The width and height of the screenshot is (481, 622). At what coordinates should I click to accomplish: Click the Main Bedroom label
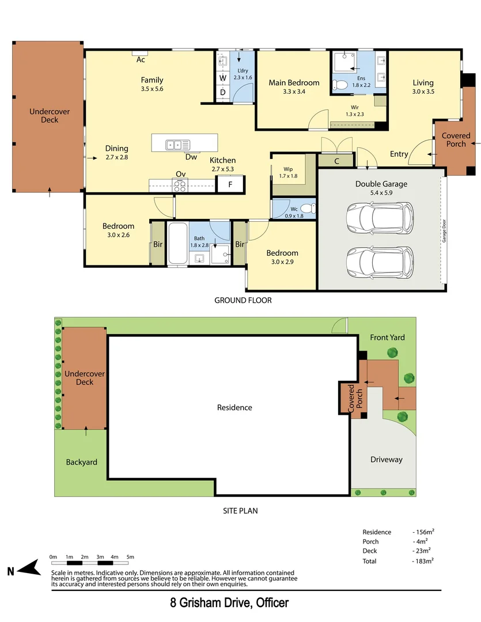tap(294, 82)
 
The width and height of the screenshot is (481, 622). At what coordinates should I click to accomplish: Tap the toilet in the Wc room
tap(308, 208)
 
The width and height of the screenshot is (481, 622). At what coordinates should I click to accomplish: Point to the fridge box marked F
tap(230, 185)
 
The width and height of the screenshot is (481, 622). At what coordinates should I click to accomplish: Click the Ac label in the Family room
tap(141, 59)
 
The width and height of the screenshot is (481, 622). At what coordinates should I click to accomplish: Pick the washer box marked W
tap(222, 78)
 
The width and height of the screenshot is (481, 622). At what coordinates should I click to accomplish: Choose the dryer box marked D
tap(222, 93)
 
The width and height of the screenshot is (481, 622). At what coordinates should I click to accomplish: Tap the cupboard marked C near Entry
tap(336, 161)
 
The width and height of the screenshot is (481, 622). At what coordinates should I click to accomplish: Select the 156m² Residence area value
tap(423, 532)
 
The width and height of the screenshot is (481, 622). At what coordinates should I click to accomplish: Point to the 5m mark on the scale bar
tap(130, 557)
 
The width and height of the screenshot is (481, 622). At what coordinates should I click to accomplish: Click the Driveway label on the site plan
tap(386, 460)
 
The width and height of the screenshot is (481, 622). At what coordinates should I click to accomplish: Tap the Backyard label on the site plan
tap(81, 462)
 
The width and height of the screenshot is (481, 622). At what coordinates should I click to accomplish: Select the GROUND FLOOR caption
tap(243, 300)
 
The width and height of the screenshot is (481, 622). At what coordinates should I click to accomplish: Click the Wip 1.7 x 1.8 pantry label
tap(287, 172)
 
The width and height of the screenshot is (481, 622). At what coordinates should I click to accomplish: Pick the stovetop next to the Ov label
tap(180, 185)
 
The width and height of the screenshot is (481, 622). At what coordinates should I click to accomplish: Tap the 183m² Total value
tap(423, 560)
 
